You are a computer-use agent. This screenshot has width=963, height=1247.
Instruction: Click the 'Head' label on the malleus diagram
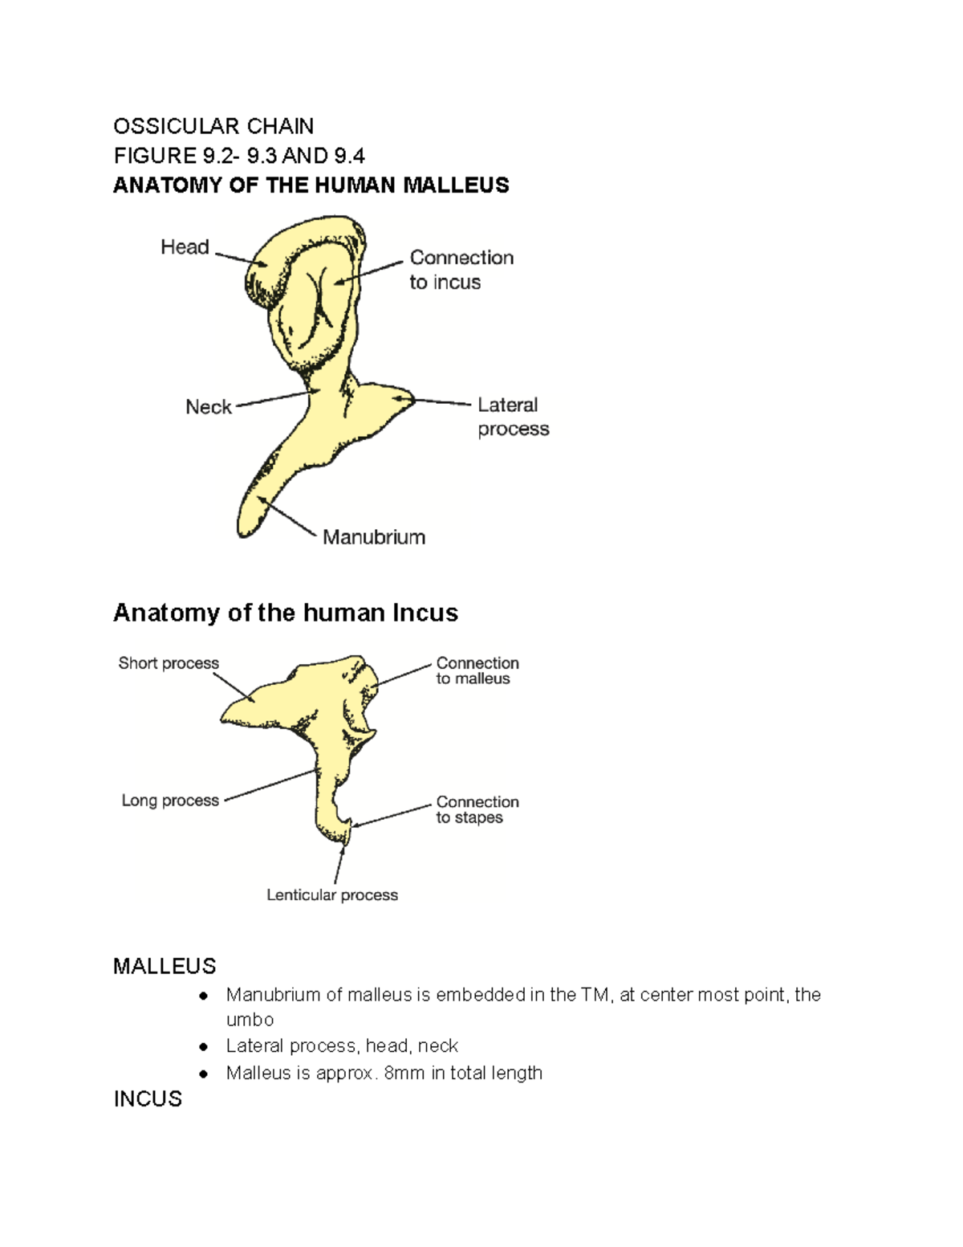click(185, 247)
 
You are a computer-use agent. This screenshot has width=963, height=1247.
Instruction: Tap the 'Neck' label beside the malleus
click(208, 407)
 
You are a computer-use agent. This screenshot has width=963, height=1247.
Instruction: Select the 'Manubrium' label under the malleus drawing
click(374, 537)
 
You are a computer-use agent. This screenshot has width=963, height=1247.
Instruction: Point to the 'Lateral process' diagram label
click(514, 418)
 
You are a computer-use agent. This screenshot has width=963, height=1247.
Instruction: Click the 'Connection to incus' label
click(461, 270)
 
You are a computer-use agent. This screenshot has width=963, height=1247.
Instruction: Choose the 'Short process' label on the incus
click(169, 662)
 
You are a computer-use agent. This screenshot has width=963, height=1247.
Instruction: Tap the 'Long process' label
click(170, 800)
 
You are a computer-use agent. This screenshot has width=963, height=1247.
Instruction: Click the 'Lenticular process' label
click(332, 894)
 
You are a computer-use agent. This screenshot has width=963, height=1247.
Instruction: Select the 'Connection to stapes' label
click(477, 809)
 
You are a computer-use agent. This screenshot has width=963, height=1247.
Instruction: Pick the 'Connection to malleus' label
click(477, 670)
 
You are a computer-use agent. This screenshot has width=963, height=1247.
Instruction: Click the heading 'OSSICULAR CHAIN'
click(213, 126)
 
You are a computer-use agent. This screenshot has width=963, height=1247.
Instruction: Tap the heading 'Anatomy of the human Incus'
click(286, 613)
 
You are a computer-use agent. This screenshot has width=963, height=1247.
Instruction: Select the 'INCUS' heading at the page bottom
click(148, 1099)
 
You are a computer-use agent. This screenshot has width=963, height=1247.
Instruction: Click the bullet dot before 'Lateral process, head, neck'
click(202, 1047)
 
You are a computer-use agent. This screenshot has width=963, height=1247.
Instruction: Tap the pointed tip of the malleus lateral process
click(413, 398)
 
